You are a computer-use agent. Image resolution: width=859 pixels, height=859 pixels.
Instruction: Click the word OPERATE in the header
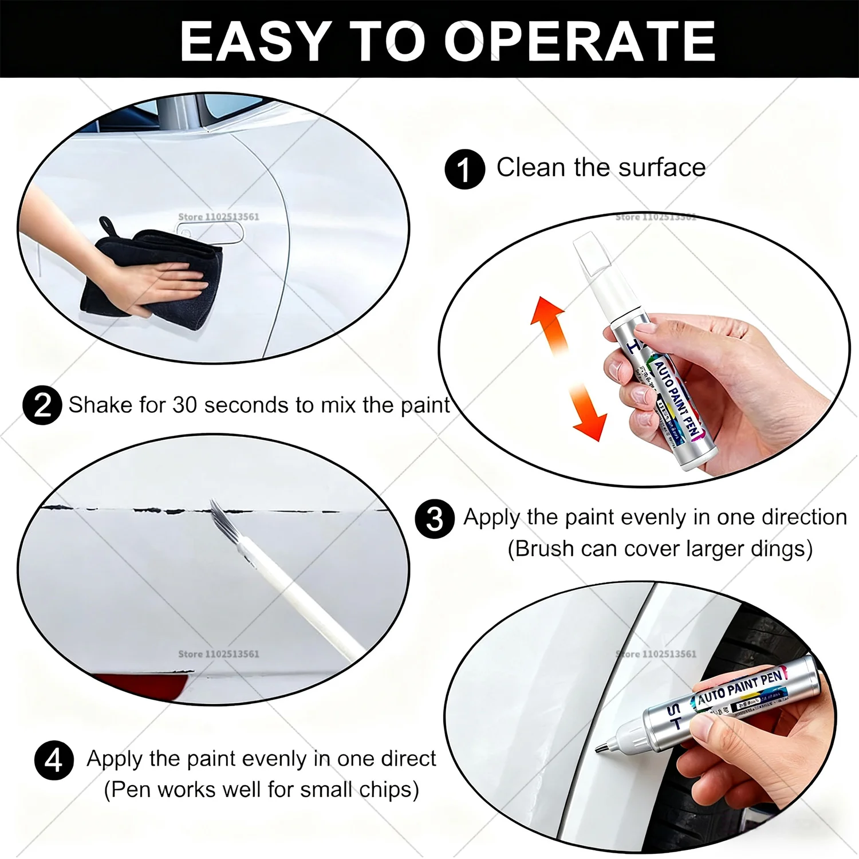click(580, 41)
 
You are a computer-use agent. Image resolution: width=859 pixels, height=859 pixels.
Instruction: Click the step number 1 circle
click(464, 170)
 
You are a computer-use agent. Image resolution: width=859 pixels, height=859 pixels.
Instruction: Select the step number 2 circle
click(42, 405)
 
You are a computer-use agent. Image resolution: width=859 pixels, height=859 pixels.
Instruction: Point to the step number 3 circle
click(435, 519)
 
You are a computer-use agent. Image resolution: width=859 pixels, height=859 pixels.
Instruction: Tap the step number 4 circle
click(54, 761)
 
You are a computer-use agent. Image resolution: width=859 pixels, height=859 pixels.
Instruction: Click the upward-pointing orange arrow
click(547, 321)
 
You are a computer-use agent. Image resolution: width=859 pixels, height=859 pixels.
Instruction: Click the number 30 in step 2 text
click(185, 405)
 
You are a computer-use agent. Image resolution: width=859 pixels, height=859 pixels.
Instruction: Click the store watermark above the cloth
click(218, 217)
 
